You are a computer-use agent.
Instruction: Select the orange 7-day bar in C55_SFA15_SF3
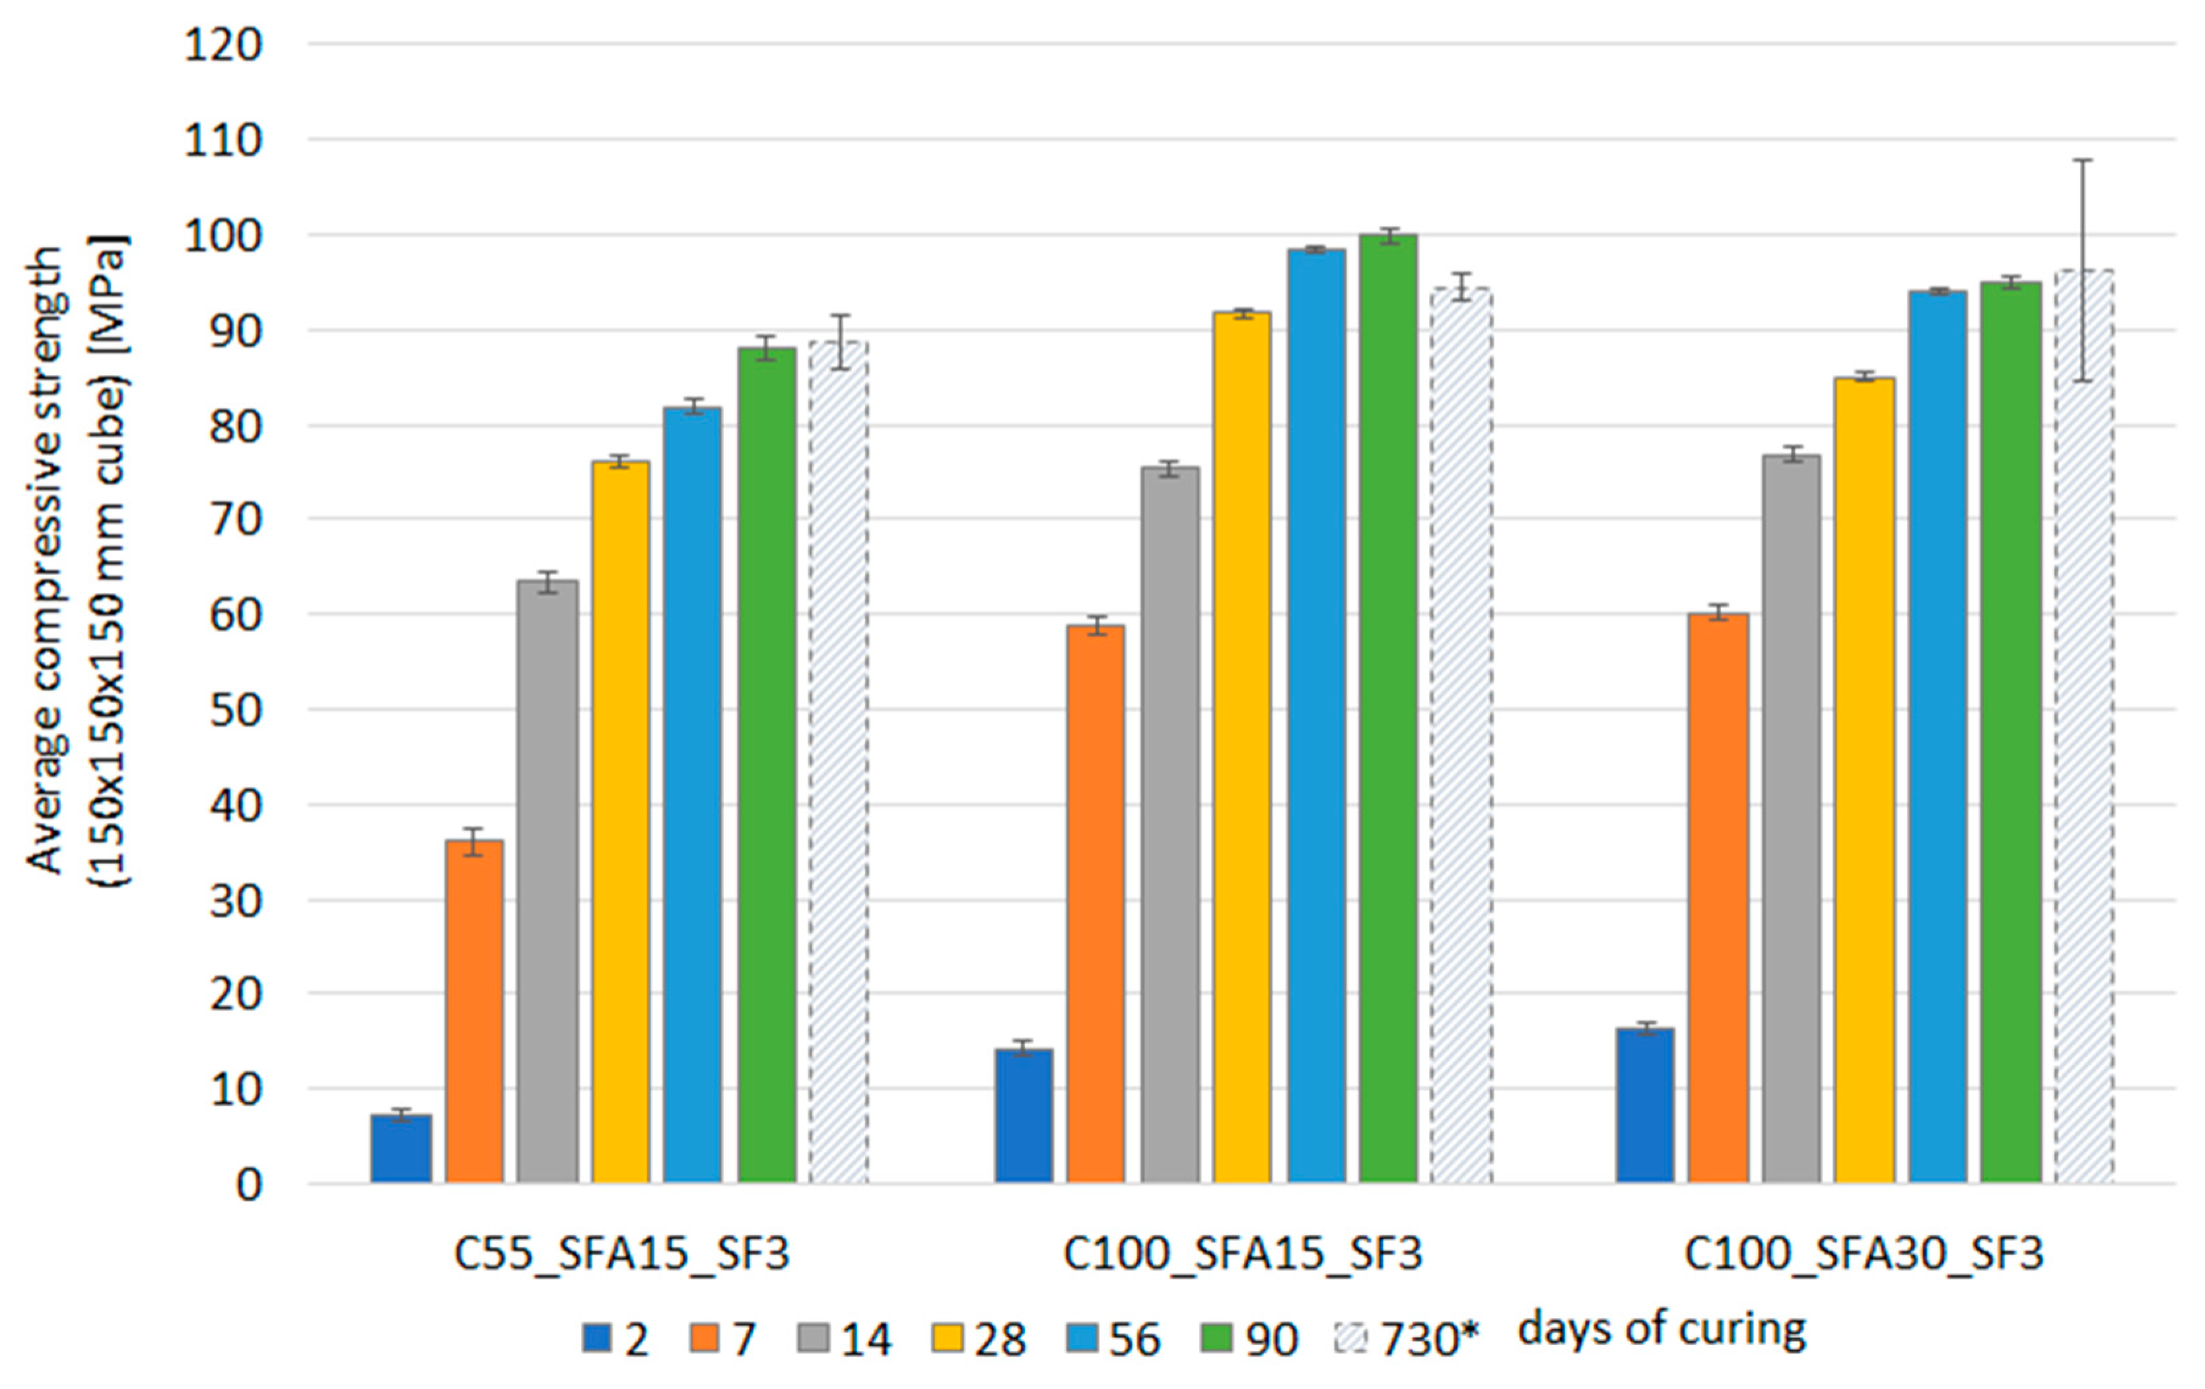(474, 1012)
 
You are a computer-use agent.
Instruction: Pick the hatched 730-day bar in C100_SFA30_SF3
(2084, 726)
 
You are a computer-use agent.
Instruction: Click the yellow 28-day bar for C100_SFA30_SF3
(1864, 780)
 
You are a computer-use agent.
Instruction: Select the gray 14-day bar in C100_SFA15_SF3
(1170, 825)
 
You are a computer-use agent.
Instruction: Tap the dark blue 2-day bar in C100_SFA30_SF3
(1644, 1105)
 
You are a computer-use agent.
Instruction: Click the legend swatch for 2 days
(596, 1338)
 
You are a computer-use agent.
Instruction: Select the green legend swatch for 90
(1214, 1338)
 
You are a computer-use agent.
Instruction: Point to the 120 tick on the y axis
(223, 44)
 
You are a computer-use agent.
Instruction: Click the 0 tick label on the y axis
(249, 1185)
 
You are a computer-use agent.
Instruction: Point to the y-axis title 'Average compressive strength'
(44, 560)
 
